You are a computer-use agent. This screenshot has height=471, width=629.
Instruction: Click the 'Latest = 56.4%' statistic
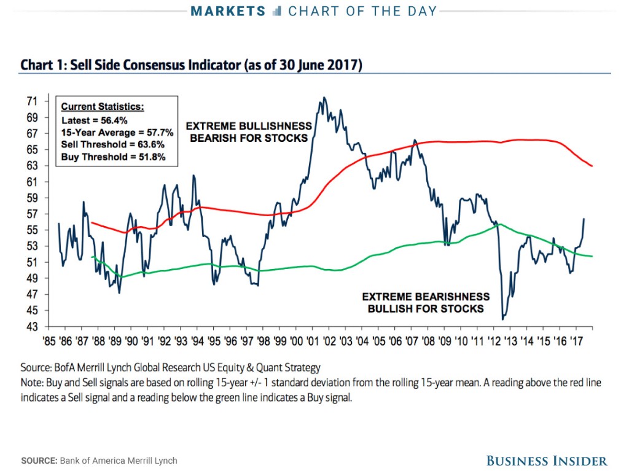95,120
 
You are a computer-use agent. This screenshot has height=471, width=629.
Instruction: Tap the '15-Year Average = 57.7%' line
117,133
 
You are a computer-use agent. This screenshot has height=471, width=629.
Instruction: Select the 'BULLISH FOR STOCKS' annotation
426,308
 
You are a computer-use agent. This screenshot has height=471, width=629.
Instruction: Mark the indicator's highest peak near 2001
324,97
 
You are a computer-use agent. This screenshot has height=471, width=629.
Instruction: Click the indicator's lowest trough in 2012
503,319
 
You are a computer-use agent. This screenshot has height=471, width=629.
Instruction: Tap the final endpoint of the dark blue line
584,219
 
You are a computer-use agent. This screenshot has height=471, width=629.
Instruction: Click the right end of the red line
592,166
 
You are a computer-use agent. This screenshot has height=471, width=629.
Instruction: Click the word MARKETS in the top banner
228,11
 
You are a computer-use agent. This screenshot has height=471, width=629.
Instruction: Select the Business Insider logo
547,461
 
